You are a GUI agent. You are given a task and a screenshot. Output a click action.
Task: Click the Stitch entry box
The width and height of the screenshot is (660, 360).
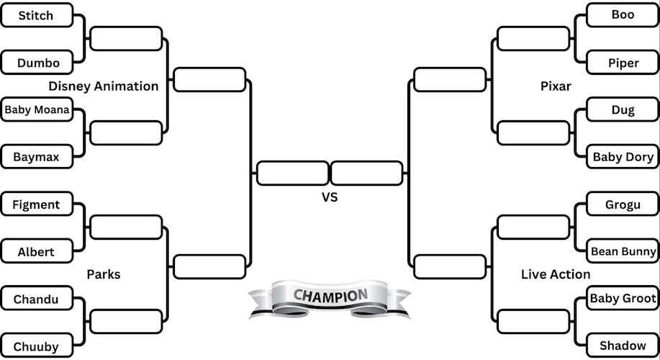[36, 15]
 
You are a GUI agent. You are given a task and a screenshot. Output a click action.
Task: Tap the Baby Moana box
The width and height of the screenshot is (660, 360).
[37, 110]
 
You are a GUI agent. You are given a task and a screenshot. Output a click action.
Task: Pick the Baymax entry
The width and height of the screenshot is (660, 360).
[36, 156]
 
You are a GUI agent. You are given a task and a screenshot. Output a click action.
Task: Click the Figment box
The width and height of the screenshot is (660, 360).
[36, 204]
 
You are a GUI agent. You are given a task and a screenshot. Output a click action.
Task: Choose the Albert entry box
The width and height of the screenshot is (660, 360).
[36, 252]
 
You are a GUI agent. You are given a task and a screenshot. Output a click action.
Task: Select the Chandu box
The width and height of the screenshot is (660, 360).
[36, 299]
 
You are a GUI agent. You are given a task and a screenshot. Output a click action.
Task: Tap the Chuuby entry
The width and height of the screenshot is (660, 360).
[36, 346]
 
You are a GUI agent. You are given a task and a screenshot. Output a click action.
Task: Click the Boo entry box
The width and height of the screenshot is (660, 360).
[623, 15]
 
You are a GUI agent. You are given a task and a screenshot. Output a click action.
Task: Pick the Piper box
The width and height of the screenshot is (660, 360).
[623, 63]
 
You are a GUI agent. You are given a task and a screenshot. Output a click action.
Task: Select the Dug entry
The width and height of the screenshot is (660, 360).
[623, 110]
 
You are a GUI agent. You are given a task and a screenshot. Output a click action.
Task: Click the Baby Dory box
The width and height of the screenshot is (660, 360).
[623, 156]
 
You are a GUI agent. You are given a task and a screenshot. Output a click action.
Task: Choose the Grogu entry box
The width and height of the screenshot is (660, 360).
[623, 204]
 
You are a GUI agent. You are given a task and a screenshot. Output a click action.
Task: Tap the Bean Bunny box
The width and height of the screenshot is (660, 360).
[623, 251]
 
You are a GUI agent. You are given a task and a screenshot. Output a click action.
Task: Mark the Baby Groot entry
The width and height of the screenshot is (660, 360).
[623, 298]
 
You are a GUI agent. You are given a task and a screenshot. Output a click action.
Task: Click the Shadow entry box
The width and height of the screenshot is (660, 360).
[623, 346]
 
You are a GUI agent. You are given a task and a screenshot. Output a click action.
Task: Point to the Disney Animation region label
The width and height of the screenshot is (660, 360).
[104, 86]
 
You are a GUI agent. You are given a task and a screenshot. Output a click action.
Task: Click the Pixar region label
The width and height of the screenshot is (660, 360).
[556, 86]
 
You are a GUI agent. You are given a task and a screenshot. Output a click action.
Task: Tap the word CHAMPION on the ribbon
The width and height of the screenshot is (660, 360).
[330, 295]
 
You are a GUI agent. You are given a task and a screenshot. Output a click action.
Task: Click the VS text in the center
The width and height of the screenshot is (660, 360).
[329, 197]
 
